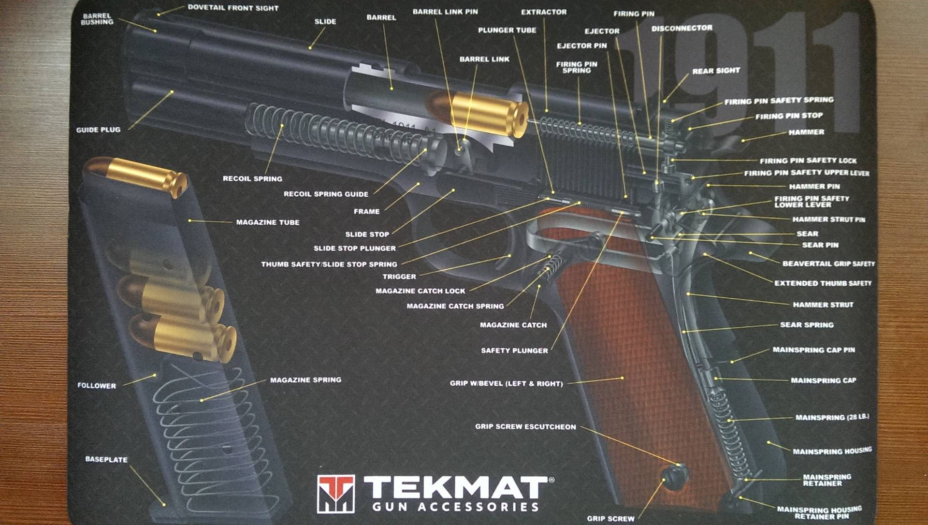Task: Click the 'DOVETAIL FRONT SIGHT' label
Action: pos(233,8)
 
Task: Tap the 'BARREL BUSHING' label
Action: pos(97,19)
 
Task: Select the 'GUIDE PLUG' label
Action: pos(98,130)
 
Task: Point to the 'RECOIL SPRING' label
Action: pos(252,179)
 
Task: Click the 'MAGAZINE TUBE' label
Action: pos(267,222)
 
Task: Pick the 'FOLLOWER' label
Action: pos(97,386)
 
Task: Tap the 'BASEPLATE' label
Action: pos(106,459)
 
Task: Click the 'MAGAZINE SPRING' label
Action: pos(305,380)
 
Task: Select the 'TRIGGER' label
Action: pos(399,277)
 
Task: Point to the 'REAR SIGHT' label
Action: pos(716,71)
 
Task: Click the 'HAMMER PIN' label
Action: pos(814,187)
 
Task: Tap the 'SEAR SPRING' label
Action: pos(807,325)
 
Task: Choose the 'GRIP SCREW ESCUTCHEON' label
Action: pos(525,427)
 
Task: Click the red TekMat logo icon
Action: pos(335,493)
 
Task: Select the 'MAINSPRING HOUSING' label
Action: pos(832,452)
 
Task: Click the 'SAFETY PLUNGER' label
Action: pos(514,350)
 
